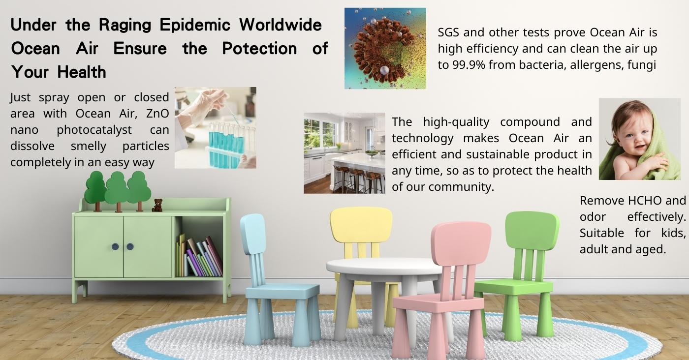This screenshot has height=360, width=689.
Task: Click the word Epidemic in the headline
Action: coord(195,25)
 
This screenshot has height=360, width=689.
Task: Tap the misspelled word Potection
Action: coord(259,49)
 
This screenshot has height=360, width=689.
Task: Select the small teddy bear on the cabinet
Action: coord(157,205)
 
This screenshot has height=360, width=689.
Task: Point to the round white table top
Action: coord(384,266)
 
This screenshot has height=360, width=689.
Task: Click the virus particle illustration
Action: coord(385,48)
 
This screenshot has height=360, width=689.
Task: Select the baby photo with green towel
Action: coord(640,139)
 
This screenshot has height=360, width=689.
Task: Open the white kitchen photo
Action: coord(344,153)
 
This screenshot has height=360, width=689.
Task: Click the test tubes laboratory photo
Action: coord(216,127)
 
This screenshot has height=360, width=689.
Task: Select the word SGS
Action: coord(449,32)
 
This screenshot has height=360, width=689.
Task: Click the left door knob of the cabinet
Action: coord(115,246)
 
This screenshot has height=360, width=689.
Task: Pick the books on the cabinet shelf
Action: coord(199,256)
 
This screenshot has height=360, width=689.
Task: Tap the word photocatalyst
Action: coord(94,130)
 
